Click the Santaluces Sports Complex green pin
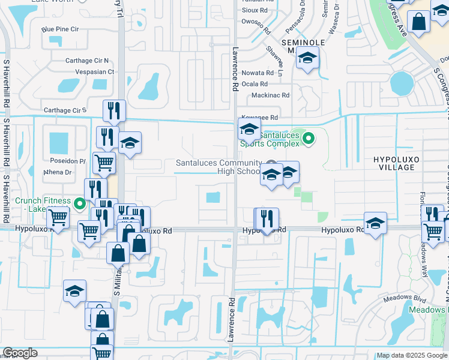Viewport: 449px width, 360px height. point(309,139)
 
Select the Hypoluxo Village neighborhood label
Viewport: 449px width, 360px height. point(394,163)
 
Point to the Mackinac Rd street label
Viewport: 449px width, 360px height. point(271,95)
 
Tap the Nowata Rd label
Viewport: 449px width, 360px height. point(258,73)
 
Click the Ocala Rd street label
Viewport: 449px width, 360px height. point(255,83)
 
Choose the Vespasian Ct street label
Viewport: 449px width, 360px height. point(94,71)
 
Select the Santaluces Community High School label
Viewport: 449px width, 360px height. point(218,167)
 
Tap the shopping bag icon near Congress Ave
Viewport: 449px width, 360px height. point(418,22)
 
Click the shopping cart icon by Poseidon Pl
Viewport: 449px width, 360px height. point(104,162)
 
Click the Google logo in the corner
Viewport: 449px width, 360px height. point(20,353)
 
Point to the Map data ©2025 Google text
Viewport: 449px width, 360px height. point(412,355)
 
